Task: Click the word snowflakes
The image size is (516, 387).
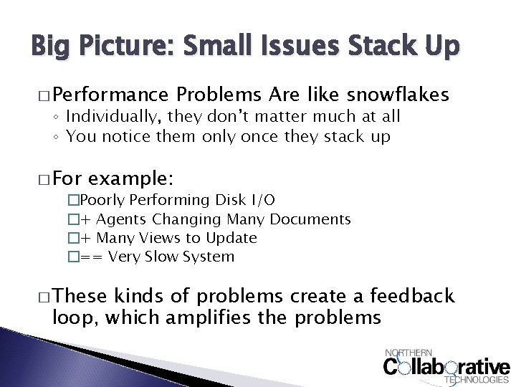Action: (398, 95)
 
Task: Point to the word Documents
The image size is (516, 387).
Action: (310, 219)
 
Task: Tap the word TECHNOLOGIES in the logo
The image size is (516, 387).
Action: (477, 380)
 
